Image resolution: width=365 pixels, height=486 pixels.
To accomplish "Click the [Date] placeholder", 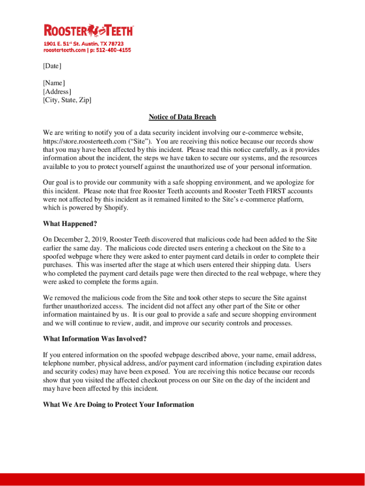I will pyautogui.click(x=52, y=65).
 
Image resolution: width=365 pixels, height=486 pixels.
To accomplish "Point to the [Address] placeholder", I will pyautogui.click(x=57, y=92).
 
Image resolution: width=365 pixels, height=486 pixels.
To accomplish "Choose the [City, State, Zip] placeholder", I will pyautogui.click(x=67, y=100).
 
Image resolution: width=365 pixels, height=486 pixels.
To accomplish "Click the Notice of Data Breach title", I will pyautogui.click(x=182, y=117).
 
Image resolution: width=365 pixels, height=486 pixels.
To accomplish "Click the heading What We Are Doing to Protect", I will pyautogui.click(x=118, y=405).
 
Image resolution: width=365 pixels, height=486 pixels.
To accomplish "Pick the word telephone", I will pyautogui.click(x=56, y=364).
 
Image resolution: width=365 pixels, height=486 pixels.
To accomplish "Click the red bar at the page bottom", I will pyautogui.click(x=182, y=479).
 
